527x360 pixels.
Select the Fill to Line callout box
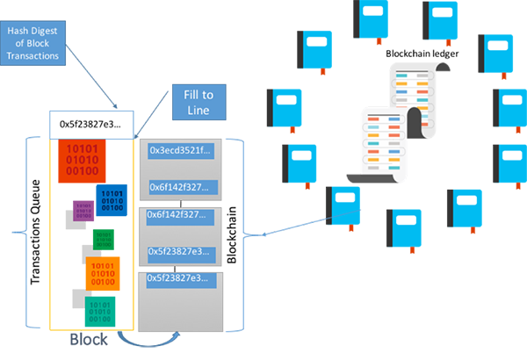[x=198, y=101]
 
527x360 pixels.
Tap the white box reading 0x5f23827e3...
[x=90, y=125]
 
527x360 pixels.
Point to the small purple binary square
[x=83, y=212]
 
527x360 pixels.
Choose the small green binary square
[x=104, y=238]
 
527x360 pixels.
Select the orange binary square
[x=108, y=273]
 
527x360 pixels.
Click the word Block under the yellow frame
[x=90, y=339]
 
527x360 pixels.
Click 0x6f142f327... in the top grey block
[x=179, y=186]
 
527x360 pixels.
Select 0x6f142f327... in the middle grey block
[x=179, y=215]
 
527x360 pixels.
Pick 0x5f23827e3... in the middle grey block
[x=179, y=252]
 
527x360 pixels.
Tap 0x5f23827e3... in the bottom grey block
[x=179, y=278]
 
